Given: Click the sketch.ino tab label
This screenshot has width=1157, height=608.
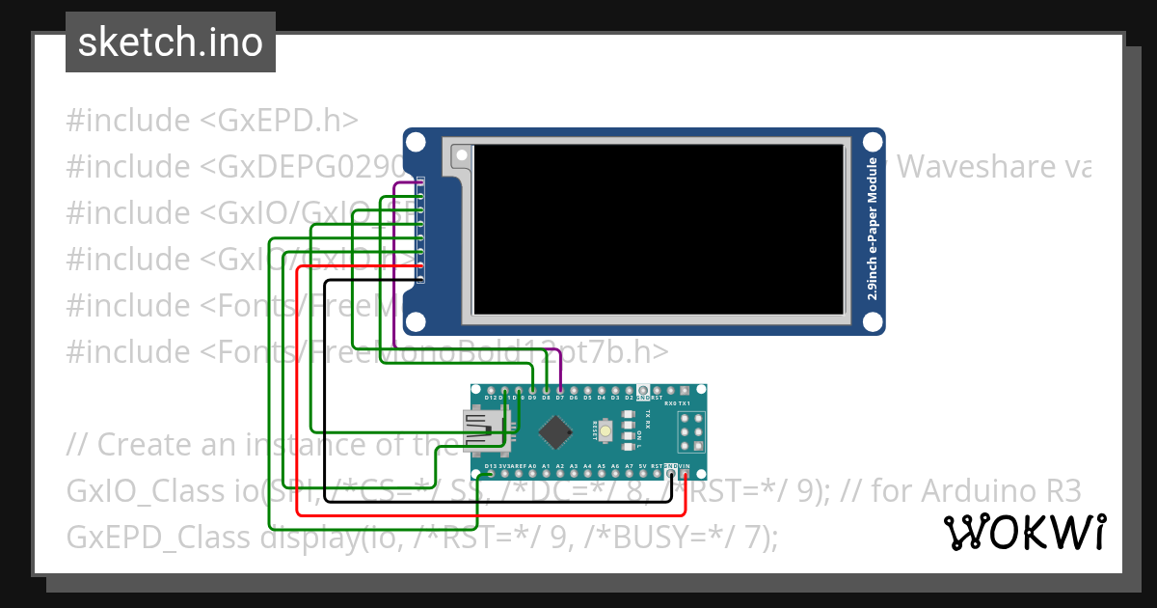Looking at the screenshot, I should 170,42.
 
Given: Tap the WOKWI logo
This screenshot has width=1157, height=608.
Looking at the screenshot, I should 1024,532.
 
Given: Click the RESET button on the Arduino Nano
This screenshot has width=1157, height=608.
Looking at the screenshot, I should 605,431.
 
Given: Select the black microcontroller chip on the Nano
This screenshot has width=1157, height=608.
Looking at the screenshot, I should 554,431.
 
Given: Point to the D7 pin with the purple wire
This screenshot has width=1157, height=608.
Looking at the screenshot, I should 560,389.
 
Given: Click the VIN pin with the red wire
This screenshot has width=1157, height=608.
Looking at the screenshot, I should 685,474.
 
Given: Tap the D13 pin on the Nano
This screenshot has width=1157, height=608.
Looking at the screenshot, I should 491,474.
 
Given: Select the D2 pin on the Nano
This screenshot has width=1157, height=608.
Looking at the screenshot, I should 629,389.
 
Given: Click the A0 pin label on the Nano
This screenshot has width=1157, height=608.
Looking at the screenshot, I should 532,466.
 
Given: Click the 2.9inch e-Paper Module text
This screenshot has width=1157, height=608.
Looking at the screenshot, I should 872,230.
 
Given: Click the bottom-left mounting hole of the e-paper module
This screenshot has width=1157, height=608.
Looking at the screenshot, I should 416,319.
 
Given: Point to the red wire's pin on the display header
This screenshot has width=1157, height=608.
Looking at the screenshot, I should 421,265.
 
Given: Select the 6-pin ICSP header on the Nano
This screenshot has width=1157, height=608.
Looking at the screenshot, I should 690,431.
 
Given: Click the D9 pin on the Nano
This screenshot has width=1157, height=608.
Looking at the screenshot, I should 532,389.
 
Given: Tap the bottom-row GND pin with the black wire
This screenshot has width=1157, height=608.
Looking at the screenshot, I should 670,474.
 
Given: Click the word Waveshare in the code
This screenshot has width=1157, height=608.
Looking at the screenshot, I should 975,168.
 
